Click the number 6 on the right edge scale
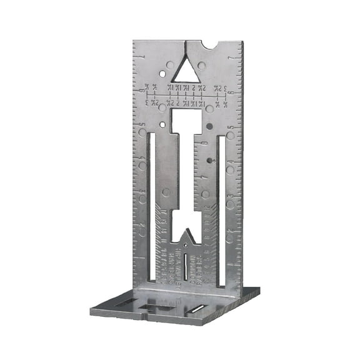pos(232,94)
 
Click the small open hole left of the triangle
pos(162,74)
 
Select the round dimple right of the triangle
pos(202,65)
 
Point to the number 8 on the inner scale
pos(206,145)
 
